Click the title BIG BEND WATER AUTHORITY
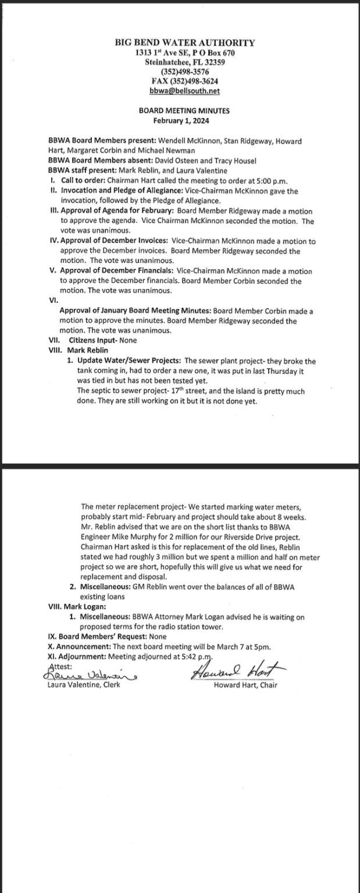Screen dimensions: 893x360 click(184, 42)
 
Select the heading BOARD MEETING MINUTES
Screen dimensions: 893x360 click(184, 110)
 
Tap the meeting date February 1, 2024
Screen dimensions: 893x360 click(184, 121)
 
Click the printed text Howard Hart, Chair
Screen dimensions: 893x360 click(245, 685)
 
